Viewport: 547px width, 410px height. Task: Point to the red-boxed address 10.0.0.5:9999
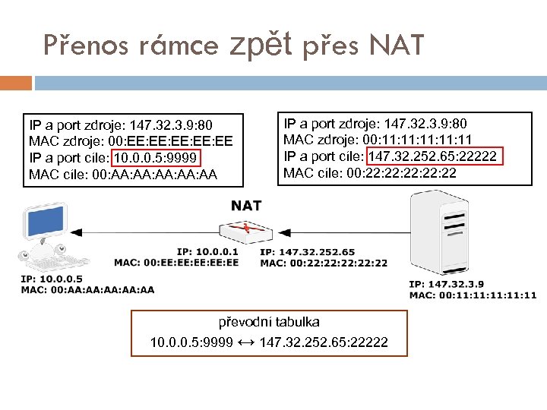[156, 158]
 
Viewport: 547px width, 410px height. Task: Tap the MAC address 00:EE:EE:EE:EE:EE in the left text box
[180, 141]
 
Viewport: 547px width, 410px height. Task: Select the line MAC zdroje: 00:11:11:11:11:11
[378, 140]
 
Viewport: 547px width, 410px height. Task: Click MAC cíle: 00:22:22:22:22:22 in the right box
[369, 173]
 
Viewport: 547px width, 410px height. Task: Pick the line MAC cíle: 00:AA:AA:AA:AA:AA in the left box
[122, 175]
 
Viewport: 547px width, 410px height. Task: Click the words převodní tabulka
[269, 322]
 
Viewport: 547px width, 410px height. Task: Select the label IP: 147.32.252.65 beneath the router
[307, 251]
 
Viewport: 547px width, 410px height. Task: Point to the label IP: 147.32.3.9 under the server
[444, 284]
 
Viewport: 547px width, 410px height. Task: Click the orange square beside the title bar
[16, 82]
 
